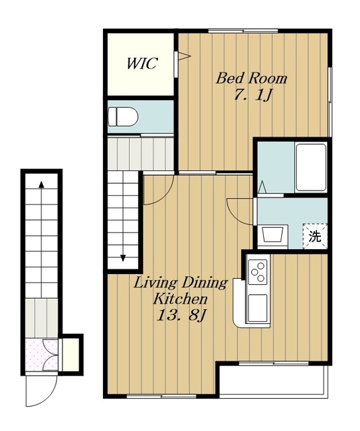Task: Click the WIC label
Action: (142, 63)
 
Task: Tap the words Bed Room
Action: (251, 78)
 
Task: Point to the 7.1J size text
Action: (253, 95)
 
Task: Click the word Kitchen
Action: (180, 299)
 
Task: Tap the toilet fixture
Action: (122, 117)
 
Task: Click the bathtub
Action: (311, 167)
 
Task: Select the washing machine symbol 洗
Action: (315, 236)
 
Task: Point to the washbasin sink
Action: (273, 234)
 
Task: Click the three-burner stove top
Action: (258, 271)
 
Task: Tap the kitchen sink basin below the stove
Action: (258, 308)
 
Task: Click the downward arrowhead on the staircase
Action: (123, 258)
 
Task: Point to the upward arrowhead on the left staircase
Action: (42, 185)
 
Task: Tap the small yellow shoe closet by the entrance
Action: (71, 355)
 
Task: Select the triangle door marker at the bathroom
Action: (262, 187)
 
